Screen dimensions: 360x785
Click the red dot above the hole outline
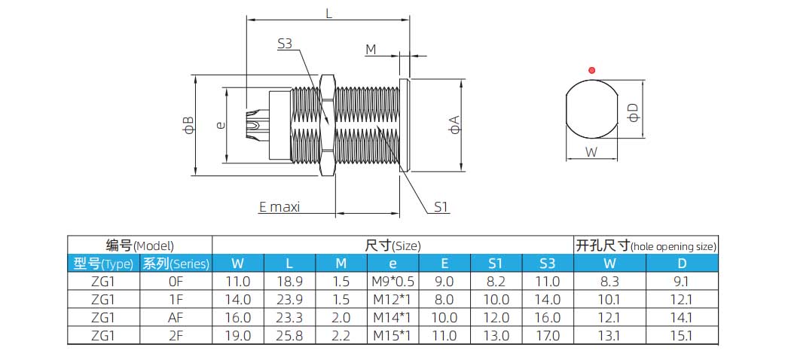click(592, 71)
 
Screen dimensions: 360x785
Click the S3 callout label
click(284, 44)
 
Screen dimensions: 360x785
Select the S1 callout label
click(441, 207)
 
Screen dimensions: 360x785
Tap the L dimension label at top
click(329, 12)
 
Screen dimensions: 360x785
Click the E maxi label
click(279, 206)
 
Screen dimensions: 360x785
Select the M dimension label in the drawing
click(371, 50)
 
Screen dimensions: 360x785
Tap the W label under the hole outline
click(591, 151)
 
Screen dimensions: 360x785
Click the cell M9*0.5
click(392, 281)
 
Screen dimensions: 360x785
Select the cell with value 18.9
click(289, 281)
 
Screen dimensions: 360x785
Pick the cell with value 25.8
click(289, 336)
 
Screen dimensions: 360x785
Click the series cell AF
click(176, 318)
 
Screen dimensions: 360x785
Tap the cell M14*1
click(392, 318)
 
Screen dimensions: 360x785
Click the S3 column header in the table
click(548, 264)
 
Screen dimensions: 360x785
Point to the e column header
click(392, 264)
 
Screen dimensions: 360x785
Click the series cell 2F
click(176, 336)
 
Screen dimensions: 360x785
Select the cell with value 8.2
click(496, 281)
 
